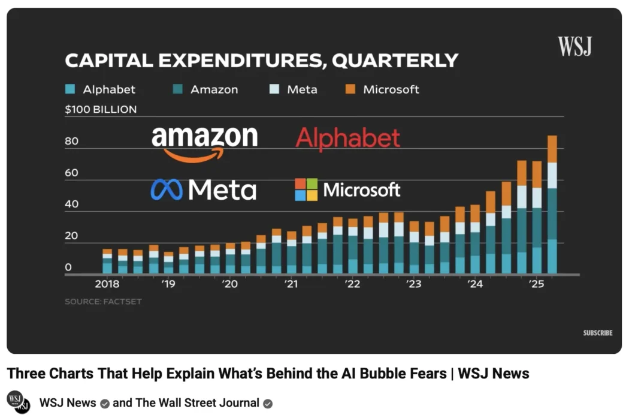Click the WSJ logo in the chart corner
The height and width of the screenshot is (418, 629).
(574, 46)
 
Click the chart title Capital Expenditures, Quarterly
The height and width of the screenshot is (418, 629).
(261, 61)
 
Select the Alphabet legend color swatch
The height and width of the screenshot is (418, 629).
(70, 89)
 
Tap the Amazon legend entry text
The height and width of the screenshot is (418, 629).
(214, 89)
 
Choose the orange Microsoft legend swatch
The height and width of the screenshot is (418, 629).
(351, 89)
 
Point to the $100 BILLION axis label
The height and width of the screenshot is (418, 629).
(101, 109)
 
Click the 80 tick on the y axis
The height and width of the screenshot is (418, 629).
(72, 142)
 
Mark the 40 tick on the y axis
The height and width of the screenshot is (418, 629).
(72, 205)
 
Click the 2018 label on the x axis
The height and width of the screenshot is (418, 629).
(107, 284)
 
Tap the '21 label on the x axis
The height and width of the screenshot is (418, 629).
(291, 284)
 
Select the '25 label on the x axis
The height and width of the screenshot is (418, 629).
(536, 284)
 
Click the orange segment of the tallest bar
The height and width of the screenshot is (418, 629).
(552, 149)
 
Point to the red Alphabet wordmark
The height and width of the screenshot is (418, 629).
(348, 139)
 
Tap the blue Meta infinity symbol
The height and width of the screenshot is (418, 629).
(167, 190)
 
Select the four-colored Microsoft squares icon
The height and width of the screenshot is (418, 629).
(306, 190)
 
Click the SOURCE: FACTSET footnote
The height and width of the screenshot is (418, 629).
(103, 301)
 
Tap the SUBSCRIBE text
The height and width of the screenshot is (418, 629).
(597, 333)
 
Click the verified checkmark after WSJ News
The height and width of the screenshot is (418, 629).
(104, 403)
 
